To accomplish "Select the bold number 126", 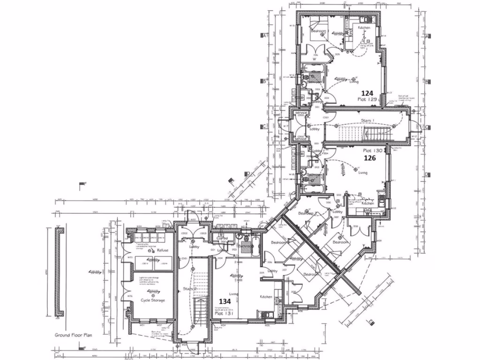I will pyautogui.click(x=370, y=158).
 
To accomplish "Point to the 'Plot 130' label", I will pyautogui.click(x=373, y=151).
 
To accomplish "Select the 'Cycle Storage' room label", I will pyautogui.click(x=152, y=300).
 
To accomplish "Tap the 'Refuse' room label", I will pyautogui.click(x=163, y=251).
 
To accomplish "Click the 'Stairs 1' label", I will pyautogui.click(x=368, y=120).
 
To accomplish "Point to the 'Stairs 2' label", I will pyautogui.click(x=189, y=289).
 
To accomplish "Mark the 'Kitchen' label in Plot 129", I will pyautogui.click(x=364, y=28).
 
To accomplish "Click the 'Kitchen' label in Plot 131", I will pyautogui.click(x=267, y=297).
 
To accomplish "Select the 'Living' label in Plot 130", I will pyautogui.click(x=363, y=173).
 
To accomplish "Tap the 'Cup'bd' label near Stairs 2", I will pyautogui.click(x=222, y=238).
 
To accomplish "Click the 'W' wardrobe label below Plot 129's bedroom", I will pyautogui.click(x=315, y=59).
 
